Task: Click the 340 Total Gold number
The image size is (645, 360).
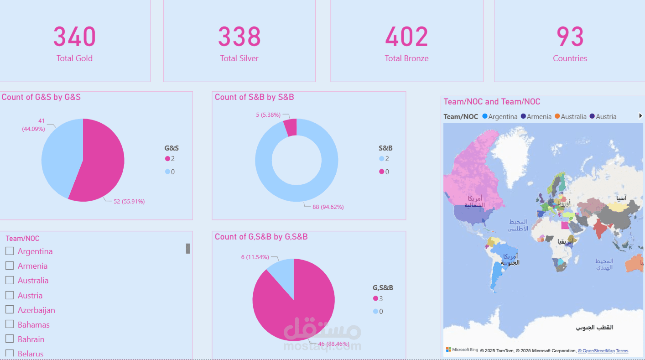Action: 74,37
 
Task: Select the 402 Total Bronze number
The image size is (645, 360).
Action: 406,37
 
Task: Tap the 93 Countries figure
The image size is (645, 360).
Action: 570,37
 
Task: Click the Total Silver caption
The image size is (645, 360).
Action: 239,58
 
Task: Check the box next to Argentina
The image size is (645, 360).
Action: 10,251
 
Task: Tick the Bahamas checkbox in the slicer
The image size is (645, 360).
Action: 10,324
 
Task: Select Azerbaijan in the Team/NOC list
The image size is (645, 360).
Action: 36,310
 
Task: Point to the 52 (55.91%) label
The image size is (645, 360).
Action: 129,201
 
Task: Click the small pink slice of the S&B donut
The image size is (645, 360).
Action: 291,127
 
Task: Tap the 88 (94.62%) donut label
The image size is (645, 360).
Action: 328,207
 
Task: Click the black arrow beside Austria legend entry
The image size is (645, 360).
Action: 640,116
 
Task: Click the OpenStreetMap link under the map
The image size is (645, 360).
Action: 596,351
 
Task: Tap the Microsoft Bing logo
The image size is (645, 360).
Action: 462,350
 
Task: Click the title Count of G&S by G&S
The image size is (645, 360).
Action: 41,97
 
